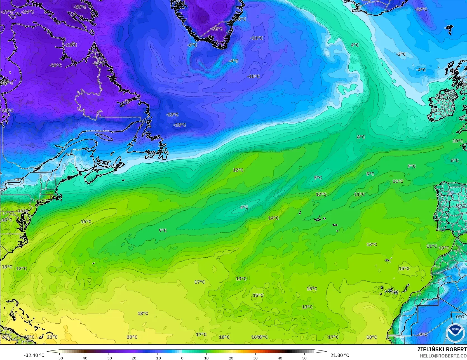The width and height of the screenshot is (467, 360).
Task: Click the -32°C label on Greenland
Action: coord(217,29)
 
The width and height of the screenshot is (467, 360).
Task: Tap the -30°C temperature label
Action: coord(80,7)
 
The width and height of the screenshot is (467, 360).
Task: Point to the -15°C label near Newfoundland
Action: coord(180,125)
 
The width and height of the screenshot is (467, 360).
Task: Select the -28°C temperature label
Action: coord(55,65)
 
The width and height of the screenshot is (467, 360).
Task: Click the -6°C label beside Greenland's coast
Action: coord(192,45)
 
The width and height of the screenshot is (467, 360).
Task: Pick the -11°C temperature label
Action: coord(257,38)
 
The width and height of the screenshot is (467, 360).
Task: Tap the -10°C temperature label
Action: coord(254,76)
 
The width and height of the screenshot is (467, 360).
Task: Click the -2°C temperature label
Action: coord(401,54)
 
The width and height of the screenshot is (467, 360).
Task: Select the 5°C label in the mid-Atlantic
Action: coord(318,178)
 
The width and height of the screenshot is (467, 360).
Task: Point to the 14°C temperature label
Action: coord(273,218)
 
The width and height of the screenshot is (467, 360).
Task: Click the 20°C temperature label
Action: coord(132,337)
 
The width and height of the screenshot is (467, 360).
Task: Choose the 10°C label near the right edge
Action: coord(458,141)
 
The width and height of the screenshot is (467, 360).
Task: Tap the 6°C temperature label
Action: coord(455,161)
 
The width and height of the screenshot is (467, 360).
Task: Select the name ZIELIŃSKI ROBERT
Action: coord(442,349)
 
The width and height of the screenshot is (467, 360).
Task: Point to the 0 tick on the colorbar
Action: coord(182,358)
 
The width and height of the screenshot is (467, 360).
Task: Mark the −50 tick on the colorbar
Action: coord(60,358)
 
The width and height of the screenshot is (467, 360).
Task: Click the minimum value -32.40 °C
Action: coord(34,355)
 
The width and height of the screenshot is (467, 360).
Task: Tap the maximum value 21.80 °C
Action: coord(340,355)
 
